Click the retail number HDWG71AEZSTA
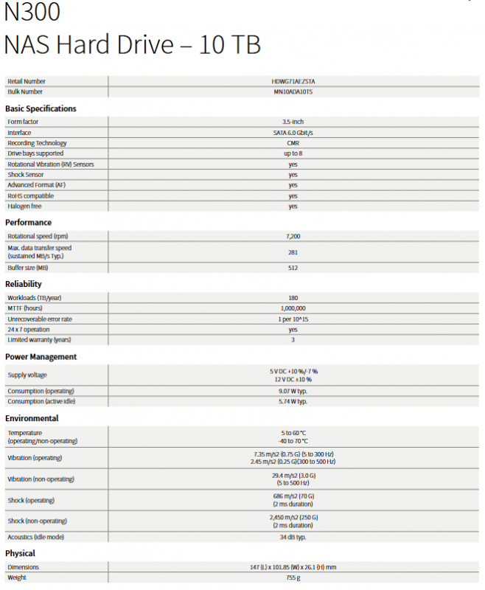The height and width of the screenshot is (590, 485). (293, 81)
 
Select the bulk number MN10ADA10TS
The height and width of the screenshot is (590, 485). (293, 91)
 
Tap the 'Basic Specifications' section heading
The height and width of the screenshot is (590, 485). (41, 108)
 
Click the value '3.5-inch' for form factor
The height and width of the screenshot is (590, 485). (293, 122)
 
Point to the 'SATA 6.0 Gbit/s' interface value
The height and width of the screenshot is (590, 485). (293, 133)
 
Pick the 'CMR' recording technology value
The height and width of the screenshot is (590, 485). (293, 143)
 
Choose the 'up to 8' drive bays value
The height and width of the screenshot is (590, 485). (293, 153)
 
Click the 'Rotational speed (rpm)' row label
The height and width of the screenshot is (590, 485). (37, 236)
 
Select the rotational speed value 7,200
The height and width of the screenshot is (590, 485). (293, 236)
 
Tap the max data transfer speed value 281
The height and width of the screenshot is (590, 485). (293, 251)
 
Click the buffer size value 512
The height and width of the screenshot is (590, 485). (293, 268)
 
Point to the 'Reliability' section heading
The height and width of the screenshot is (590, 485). (24, 284)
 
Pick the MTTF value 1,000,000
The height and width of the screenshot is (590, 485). (293, 308)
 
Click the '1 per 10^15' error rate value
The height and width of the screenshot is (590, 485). (293, 319)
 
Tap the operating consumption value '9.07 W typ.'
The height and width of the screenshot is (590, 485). (293, 391)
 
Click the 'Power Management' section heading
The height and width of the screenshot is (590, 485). (41, 356)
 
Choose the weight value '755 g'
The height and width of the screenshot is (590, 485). (293, 577)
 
